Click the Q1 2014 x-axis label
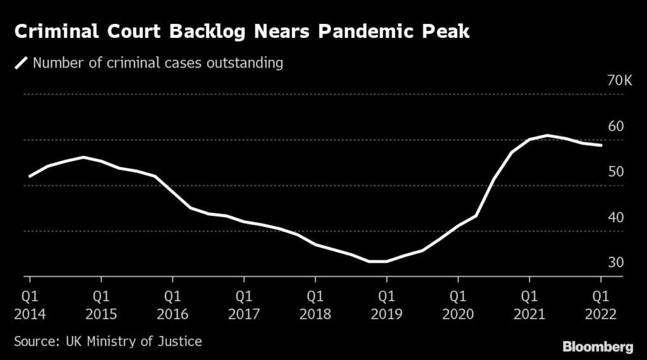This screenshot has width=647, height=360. pos(30,304)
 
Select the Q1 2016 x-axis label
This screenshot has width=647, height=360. pos(172,304)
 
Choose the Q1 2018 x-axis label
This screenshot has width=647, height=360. pos(315,304)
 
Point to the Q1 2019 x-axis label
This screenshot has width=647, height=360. pos(387,304)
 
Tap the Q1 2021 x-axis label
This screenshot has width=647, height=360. pos(529,304)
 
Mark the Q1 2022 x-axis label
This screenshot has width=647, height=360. pos(601,304)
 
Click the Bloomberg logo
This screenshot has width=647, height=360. pos(597,346)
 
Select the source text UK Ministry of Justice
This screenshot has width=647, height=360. pos(134,342)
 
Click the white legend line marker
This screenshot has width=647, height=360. pos(21,63)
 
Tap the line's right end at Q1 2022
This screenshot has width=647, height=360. pos(601,145)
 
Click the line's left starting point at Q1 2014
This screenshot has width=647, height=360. pos(30,176)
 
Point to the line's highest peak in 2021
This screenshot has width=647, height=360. pos(547,135)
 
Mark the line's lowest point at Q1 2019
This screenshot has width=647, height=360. pos(387,261)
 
